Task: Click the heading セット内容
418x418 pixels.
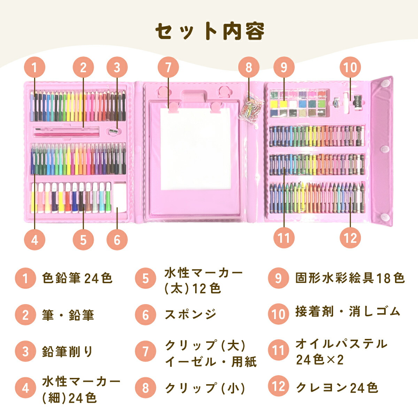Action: (x=209, y=31)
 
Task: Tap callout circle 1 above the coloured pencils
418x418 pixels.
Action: (x=34, y=67)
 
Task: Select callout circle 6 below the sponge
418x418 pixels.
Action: (x=117, y=239)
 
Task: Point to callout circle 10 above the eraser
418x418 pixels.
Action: (x=350, y=67)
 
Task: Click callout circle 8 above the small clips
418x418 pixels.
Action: (x=249, y=67)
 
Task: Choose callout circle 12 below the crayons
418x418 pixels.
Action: (x=350, y=238)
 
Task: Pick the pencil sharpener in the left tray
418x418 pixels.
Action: (x=113, y=132)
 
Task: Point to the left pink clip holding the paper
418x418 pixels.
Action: (x=173, y=107)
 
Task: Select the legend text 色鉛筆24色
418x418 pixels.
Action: (x=77, y=278)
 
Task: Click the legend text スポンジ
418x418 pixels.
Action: (x=191, y=315)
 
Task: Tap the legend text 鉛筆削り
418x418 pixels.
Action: (x=68, y=351)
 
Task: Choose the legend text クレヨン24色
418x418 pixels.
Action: (x=337, y=387)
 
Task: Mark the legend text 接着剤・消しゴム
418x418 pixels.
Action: (x=348, y=312)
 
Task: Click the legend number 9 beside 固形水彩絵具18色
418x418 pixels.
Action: (x=278, y=278)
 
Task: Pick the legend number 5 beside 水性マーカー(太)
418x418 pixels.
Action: (x=146, y=279)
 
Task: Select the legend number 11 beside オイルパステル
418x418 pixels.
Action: (x=278, y=350)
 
